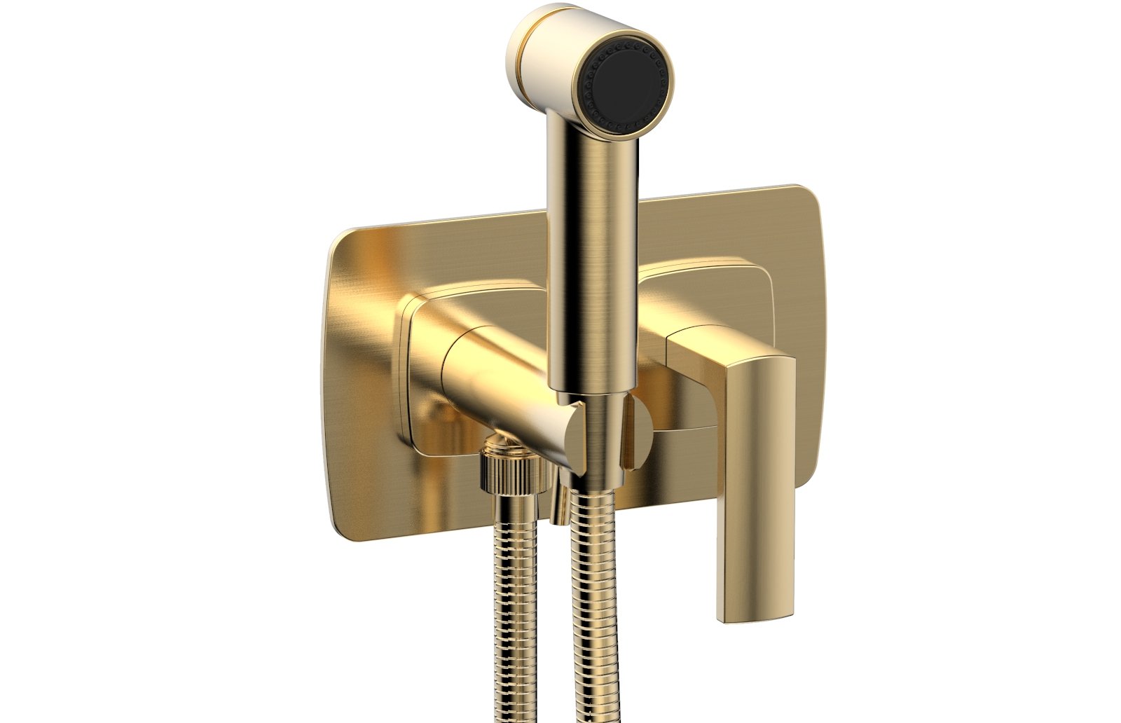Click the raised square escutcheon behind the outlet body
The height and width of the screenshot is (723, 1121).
[420, 392]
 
